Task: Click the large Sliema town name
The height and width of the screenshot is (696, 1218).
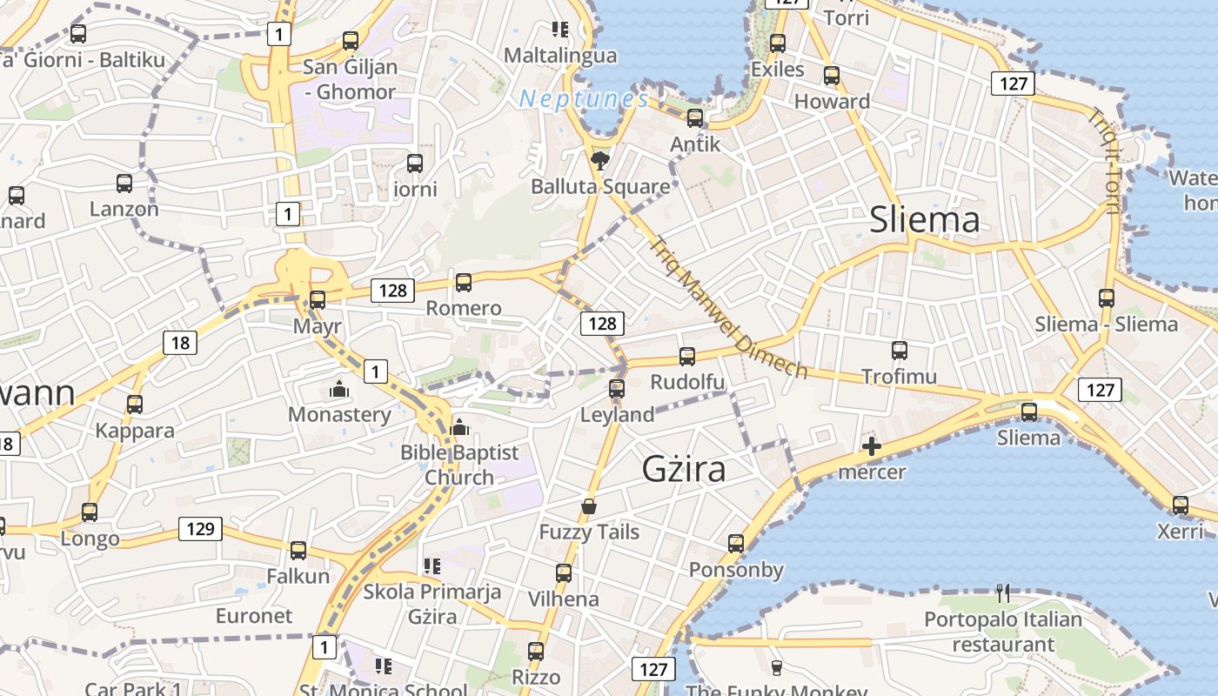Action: [925, 220]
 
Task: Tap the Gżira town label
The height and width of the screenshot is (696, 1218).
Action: [684, 469]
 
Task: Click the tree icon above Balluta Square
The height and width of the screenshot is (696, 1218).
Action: [599, 160]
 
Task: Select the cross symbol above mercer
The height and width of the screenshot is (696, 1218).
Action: [871, 447]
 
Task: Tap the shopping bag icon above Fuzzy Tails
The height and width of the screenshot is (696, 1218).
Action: [589, 505]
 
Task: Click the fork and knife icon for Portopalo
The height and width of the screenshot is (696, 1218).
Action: [1003, 593]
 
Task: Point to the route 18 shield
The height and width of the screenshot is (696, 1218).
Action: [180, 343]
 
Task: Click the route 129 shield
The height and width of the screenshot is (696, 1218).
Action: [200, 528]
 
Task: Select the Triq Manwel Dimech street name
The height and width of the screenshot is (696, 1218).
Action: [727, 307]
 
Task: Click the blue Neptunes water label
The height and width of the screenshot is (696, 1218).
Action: [584, 99]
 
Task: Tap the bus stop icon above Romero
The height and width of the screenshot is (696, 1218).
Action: [464, 282]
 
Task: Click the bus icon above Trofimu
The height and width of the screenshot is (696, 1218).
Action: [900, 351]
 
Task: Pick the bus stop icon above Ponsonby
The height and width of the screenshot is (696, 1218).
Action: [736, 544]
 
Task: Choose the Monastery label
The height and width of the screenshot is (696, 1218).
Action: [339, 414]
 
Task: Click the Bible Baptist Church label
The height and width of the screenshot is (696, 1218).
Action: [459, 465]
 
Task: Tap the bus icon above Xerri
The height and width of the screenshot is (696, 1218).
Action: [1181, 505]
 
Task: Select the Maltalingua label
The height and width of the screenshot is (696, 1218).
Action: [560, 56]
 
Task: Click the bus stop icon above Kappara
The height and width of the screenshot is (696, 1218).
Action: [135, 405]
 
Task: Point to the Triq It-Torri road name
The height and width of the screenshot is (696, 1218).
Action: [1102, 160]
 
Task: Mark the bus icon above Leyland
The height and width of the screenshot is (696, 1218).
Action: [617, 389]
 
